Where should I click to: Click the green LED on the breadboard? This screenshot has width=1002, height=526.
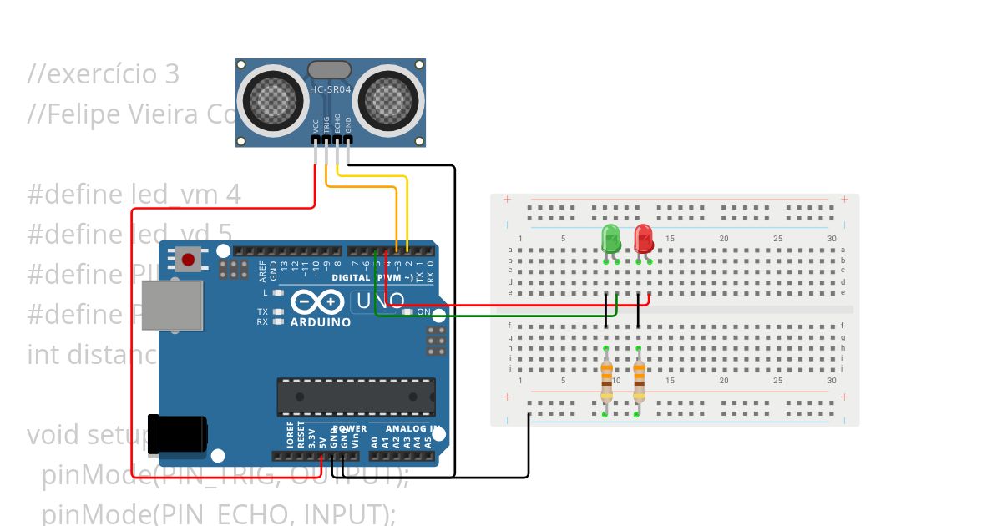click(611, 239)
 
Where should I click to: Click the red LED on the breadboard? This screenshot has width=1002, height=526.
click(644, 238)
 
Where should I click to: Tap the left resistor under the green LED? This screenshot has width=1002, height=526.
click(606, 381)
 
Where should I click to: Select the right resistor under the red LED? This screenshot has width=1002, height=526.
click(639, 381)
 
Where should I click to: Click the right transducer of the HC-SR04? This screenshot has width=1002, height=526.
click(387, 100)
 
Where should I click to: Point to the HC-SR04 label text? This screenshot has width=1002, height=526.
click(331, 89)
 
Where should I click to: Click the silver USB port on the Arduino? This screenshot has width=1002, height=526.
click(173, 306)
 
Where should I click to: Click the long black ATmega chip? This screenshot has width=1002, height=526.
click(357, 396)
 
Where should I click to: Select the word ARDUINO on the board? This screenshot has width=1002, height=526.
click(320, 322)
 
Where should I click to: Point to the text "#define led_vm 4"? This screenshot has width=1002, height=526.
click(134, 195)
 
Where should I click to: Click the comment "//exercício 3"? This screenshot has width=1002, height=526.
click(104, 74)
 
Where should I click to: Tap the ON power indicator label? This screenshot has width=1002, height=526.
click(423, 312)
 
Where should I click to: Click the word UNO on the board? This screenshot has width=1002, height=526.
click(380, 301)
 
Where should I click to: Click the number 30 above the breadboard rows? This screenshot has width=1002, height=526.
click(832, 240)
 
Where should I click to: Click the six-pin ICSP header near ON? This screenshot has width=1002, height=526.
click(435, 341)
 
